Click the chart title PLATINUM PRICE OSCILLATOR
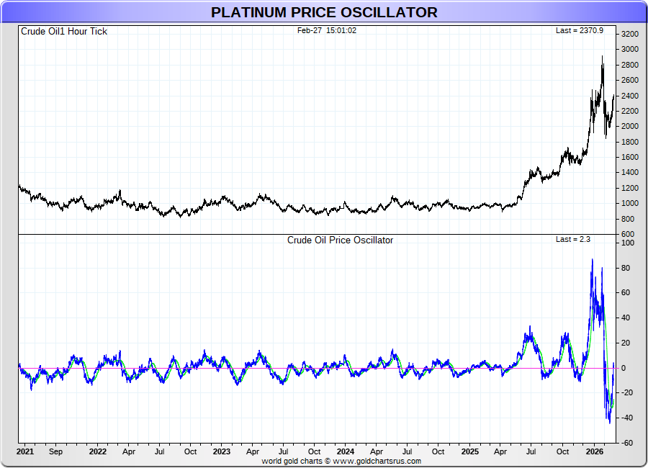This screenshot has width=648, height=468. [x=324, y=12]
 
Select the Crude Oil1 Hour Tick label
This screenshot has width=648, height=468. [x=64, y=32]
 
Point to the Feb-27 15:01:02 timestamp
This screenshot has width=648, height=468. [x=327, y=31]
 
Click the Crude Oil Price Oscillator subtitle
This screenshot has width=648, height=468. [x=340, y=240]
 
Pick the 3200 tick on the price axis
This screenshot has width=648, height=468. [x=629, y=34]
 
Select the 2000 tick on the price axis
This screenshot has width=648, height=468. [x=629, y=126]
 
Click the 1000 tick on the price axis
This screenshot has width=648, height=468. [x=629, y=203]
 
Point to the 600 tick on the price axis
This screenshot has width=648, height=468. [x=628, y=234]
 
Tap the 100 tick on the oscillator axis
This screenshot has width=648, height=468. [x=627, y=243]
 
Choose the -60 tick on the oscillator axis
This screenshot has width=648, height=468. [x=627, y=443]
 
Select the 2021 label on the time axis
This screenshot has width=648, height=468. [x=25, y=452]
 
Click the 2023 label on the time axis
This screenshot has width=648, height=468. [x=222, y=452]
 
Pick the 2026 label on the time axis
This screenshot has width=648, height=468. [x=594, y=452]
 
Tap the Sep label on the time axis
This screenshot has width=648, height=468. [x=56, y=452]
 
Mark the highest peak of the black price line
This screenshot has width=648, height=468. [x=602, y=56]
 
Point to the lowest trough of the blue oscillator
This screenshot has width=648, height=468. [x=609, y=423]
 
